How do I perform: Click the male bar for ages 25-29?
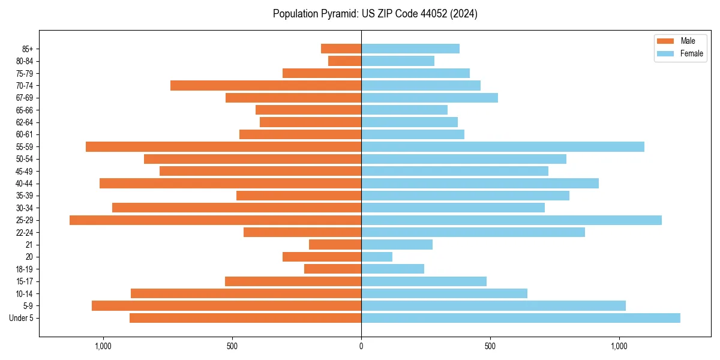tap(215, 220)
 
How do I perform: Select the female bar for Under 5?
tap(521, 318)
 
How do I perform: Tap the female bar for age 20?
tap(377, 257)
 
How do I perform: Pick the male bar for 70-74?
tap(266, 86)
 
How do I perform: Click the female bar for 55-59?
tap(503, 147)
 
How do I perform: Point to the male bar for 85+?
tap(341, 49)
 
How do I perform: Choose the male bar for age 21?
tap(335, 245)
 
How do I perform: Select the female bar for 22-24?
tap(473, 232)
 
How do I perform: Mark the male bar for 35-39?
tap(299, 196)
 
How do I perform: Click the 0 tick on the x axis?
tap(361, 346)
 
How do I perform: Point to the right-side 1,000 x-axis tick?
tap(619, 346)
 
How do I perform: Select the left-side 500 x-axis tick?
tap(232, 346)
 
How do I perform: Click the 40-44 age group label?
tap(25, 184)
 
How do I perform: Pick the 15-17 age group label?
tap(25, 281)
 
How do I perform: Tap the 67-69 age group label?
tap(25, 98)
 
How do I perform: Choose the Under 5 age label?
tap(22, 318)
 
